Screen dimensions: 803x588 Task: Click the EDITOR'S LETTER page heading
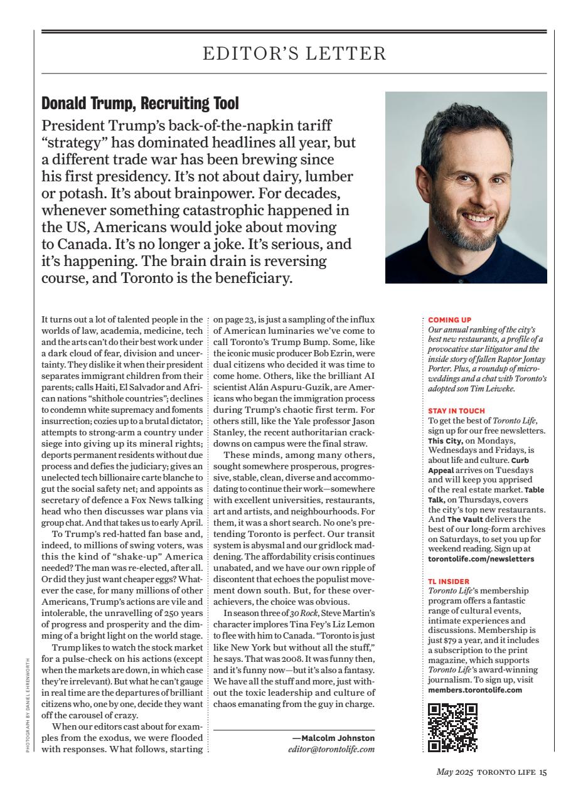tap(294, 54)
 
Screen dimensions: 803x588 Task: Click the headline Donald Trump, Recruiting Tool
tap(140, 103)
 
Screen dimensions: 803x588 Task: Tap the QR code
tap(452, 728)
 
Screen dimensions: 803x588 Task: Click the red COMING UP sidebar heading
tap(449, 319)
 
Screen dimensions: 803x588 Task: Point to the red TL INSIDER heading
tap(449, 582)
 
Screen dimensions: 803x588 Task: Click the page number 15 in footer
tap(543, 772)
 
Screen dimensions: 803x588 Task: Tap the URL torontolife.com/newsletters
tap(481, 558)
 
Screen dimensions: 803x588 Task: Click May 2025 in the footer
tap(456, 772)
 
